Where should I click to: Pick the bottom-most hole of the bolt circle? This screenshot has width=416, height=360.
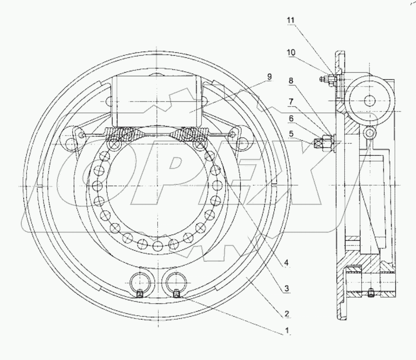157,246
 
